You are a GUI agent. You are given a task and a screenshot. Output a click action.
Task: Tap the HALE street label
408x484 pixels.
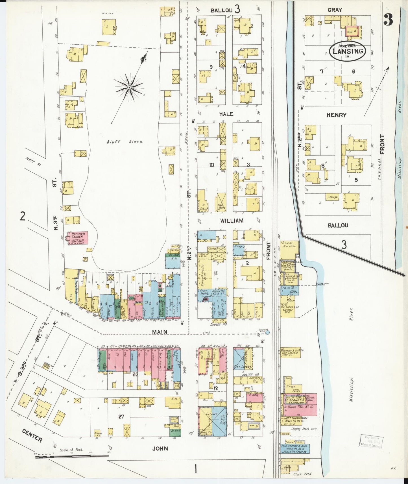(x=226, y=114)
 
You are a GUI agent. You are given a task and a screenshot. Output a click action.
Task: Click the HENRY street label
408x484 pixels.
(x=336, y=115)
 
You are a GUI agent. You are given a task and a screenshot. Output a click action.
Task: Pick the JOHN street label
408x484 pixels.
(x=161, y=448)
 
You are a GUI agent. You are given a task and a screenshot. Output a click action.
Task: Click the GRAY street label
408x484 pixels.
(x=335, y=10)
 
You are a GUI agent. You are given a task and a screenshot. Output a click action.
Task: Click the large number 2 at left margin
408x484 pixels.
(x=23, y=217)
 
